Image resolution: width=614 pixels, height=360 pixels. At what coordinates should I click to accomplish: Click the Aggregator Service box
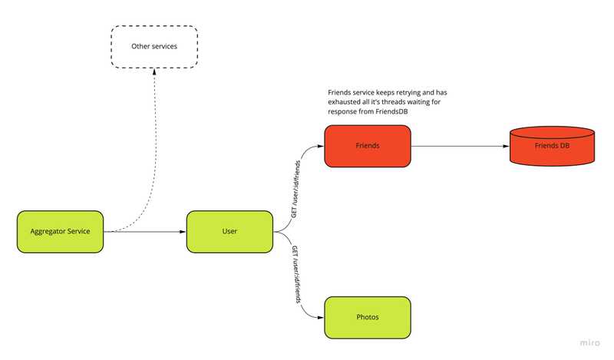60,231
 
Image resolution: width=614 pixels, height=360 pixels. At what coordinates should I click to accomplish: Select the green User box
229,231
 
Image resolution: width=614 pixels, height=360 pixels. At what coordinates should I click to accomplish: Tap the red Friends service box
368,145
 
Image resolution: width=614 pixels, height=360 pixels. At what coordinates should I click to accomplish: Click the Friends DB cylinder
552,145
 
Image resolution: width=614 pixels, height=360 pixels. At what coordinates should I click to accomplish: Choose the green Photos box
368,317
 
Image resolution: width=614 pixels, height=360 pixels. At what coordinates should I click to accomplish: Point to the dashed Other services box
154,46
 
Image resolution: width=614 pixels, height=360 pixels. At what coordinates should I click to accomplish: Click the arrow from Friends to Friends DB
460,145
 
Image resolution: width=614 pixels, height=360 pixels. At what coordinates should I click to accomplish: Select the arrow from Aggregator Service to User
146,231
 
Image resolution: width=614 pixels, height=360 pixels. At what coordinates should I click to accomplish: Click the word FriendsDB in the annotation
391,112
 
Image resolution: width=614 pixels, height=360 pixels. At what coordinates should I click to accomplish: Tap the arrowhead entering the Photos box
321,317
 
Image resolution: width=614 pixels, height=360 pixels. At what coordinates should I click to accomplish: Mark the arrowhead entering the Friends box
321,145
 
